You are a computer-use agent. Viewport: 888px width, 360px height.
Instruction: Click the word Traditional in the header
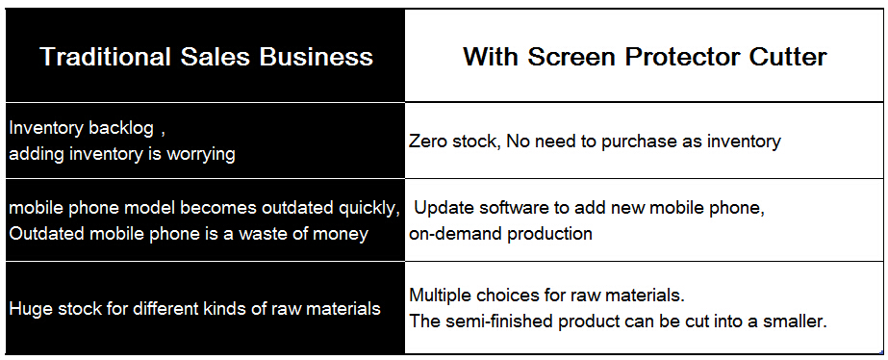(x=105, y=57)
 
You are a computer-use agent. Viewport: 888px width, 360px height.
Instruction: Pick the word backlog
(x=120, y=129)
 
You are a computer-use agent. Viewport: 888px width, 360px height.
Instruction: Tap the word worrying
(x=200, y=155)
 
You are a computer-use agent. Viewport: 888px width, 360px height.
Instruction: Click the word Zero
(x=428, y=141)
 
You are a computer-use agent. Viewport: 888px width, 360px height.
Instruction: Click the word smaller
(x=795, y=321)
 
